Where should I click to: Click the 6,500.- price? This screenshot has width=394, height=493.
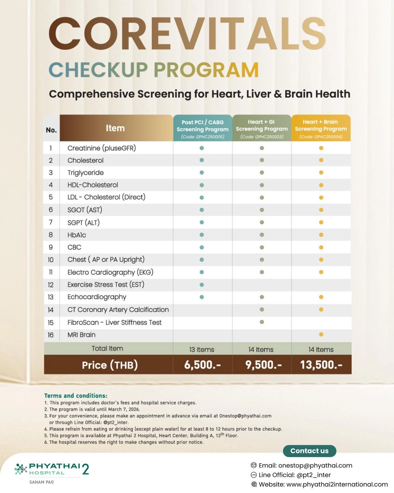tap(202, 365)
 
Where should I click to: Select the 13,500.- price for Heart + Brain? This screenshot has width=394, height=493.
tap(321, 365)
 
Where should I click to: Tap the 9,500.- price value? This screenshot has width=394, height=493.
tap(263, 365)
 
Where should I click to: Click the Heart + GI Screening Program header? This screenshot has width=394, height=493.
tap(262, 128)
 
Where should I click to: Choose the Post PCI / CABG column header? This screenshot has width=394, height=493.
tap(202, 128)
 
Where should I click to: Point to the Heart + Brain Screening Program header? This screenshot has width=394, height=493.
tap(321, 128)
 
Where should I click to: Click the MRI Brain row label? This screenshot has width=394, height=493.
tap(81, 335)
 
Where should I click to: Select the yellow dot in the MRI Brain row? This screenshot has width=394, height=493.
tap(321, 334)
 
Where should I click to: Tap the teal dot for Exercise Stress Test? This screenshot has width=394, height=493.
tap(202, 285)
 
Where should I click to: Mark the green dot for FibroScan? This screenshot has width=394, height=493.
tap(262, 322)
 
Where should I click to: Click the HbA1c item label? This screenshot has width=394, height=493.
tap(77, 235)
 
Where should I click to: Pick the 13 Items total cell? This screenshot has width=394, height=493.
tap(202, 350)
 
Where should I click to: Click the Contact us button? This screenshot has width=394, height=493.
tap(309, 451)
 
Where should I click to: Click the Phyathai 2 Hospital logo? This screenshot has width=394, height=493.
tap(51, 470)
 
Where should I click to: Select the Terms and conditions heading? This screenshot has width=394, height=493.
tap(76, 395)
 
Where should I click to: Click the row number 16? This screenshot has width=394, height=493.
tap(51, 335)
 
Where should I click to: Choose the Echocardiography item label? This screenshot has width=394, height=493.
tap(97, 297)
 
